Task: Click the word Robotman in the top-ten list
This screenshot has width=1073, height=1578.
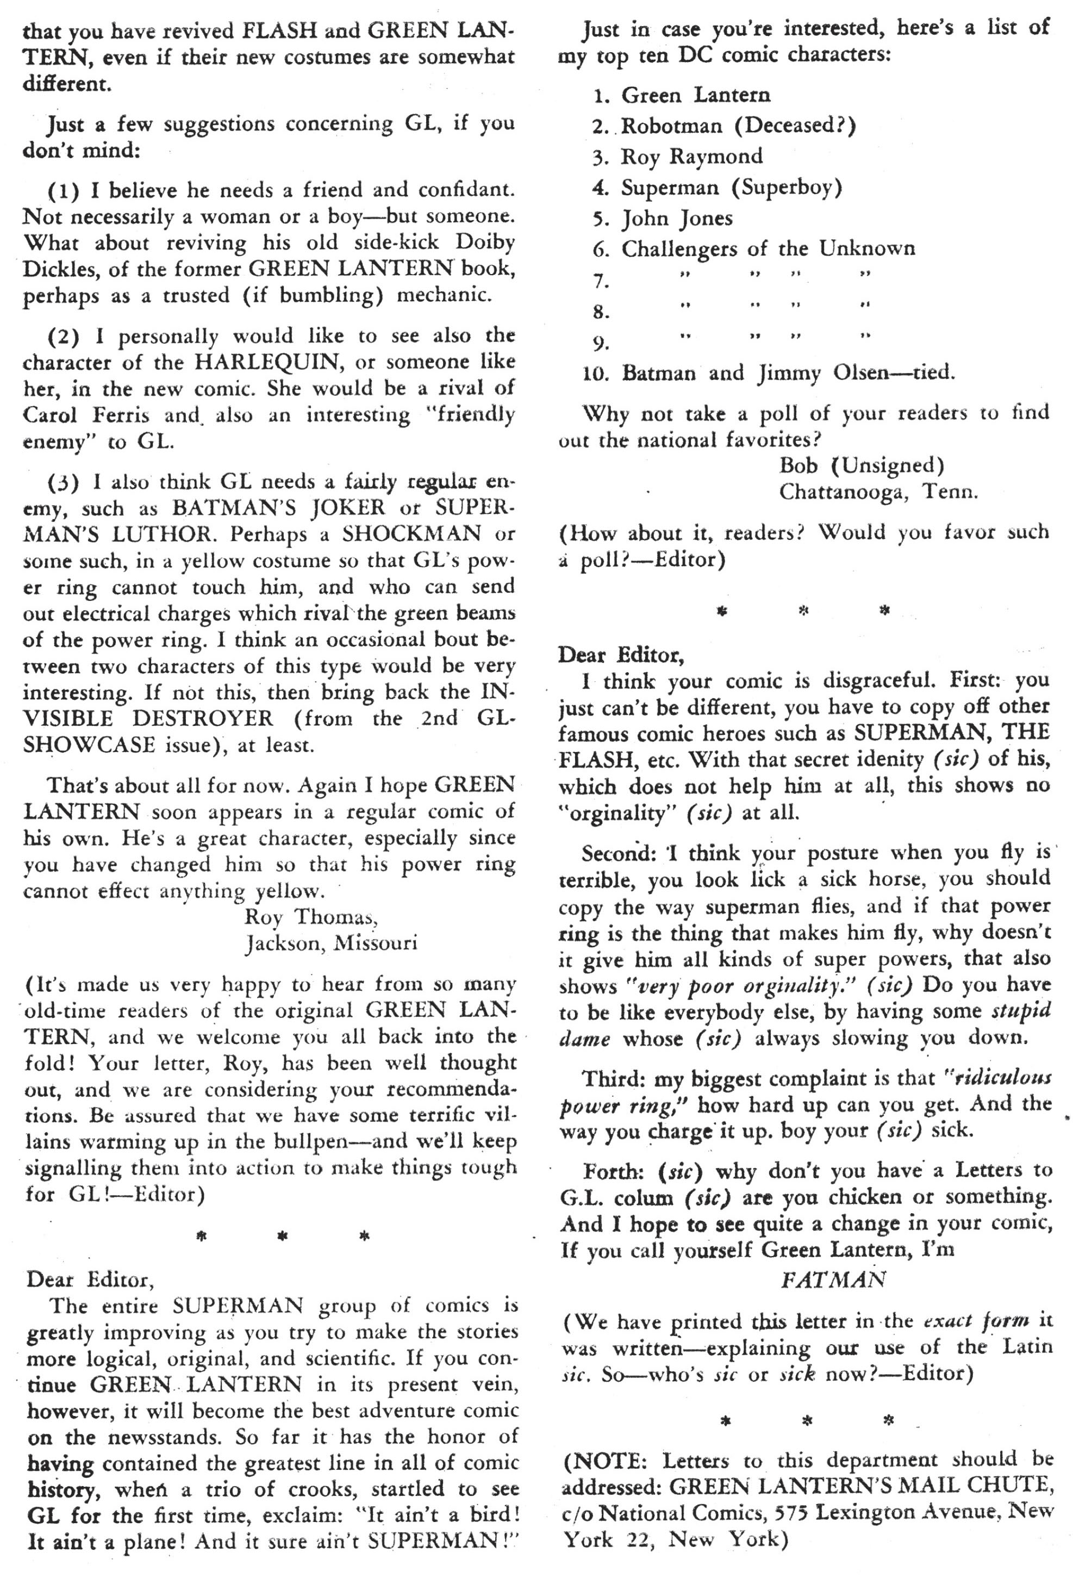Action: click(671, 126)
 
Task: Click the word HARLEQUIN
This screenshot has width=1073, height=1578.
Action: click(262, 362)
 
